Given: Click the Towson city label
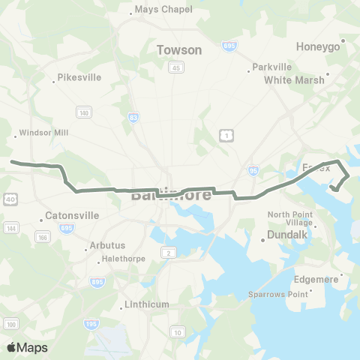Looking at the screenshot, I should pyautogui.click(x=179, y=50).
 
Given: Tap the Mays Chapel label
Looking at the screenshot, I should pyautogui.click(x=163, y=10).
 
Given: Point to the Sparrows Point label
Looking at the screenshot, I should pyautogui.click(x=278, y=294).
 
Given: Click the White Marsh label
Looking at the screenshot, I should pyautogui.click(x=294, y=79).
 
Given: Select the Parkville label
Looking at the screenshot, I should pyautogui.click(x=271, y=66).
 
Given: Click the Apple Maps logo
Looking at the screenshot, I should pyautogui.click(x=27, y=347).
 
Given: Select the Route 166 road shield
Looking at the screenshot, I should pyautogui.click(x=43, y=238).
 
